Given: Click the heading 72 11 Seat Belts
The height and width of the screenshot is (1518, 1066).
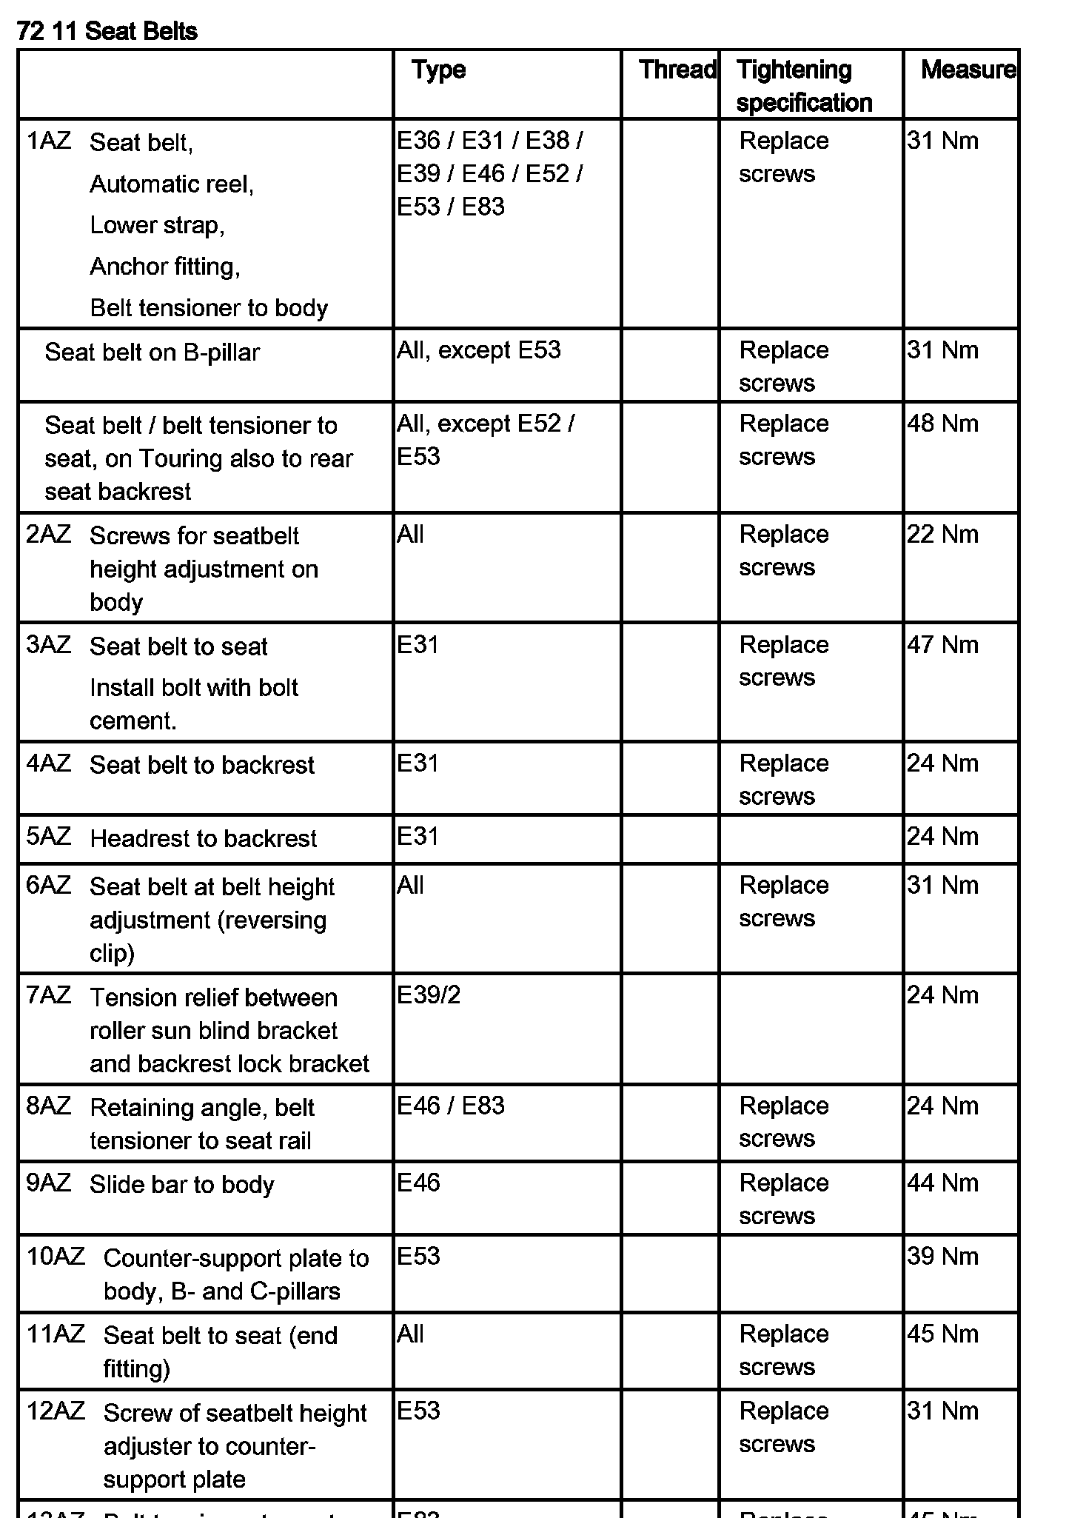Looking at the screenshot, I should pos(107,31).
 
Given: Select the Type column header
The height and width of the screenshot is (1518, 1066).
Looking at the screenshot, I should pos(439,70).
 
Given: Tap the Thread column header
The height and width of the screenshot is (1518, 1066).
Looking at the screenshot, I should pos(677,70).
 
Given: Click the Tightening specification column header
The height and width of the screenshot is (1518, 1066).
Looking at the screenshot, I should pos(804,86).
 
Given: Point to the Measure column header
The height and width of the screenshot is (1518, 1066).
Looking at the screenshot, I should pos(968,70).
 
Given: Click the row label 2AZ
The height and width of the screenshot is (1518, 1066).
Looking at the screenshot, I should pos(49,534).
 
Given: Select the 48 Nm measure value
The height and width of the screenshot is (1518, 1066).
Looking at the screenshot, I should pos(942,424).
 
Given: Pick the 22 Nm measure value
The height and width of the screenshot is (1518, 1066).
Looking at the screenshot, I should pos(942,535).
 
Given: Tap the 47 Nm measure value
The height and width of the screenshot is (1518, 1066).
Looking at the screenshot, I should pos(942,645).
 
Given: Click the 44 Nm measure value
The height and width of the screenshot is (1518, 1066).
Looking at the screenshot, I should pos(942,1183).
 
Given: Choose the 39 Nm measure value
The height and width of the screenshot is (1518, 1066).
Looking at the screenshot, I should pos(942,1257).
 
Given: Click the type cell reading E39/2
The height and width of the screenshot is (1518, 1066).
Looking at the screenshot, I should pos(429,995).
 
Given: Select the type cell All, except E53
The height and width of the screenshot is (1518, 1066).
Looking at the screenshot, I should pos(478,350).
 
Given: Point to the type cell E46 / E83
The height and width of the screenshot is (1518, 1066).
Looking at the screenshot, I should pos(451,1106).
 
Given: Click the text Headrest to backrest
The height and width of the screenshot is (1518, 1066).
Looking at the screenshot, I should pos(203,838).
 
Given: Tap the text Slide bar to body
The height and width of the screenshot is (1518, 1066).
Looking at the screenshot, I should pos(182,1185).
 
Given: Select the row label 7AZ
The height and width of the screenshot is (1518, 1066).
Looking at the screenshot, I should pos(49,995).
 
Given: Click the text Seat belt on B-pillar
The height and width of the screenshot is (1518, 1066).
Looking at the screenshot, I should pos(152,352).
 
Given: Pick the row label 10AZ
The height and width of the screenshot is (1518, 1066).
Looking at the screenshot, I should pos(56,1257).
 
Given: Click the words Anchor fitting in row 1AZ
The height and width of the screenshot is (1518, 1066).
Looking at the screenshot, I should pos(164,267).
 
